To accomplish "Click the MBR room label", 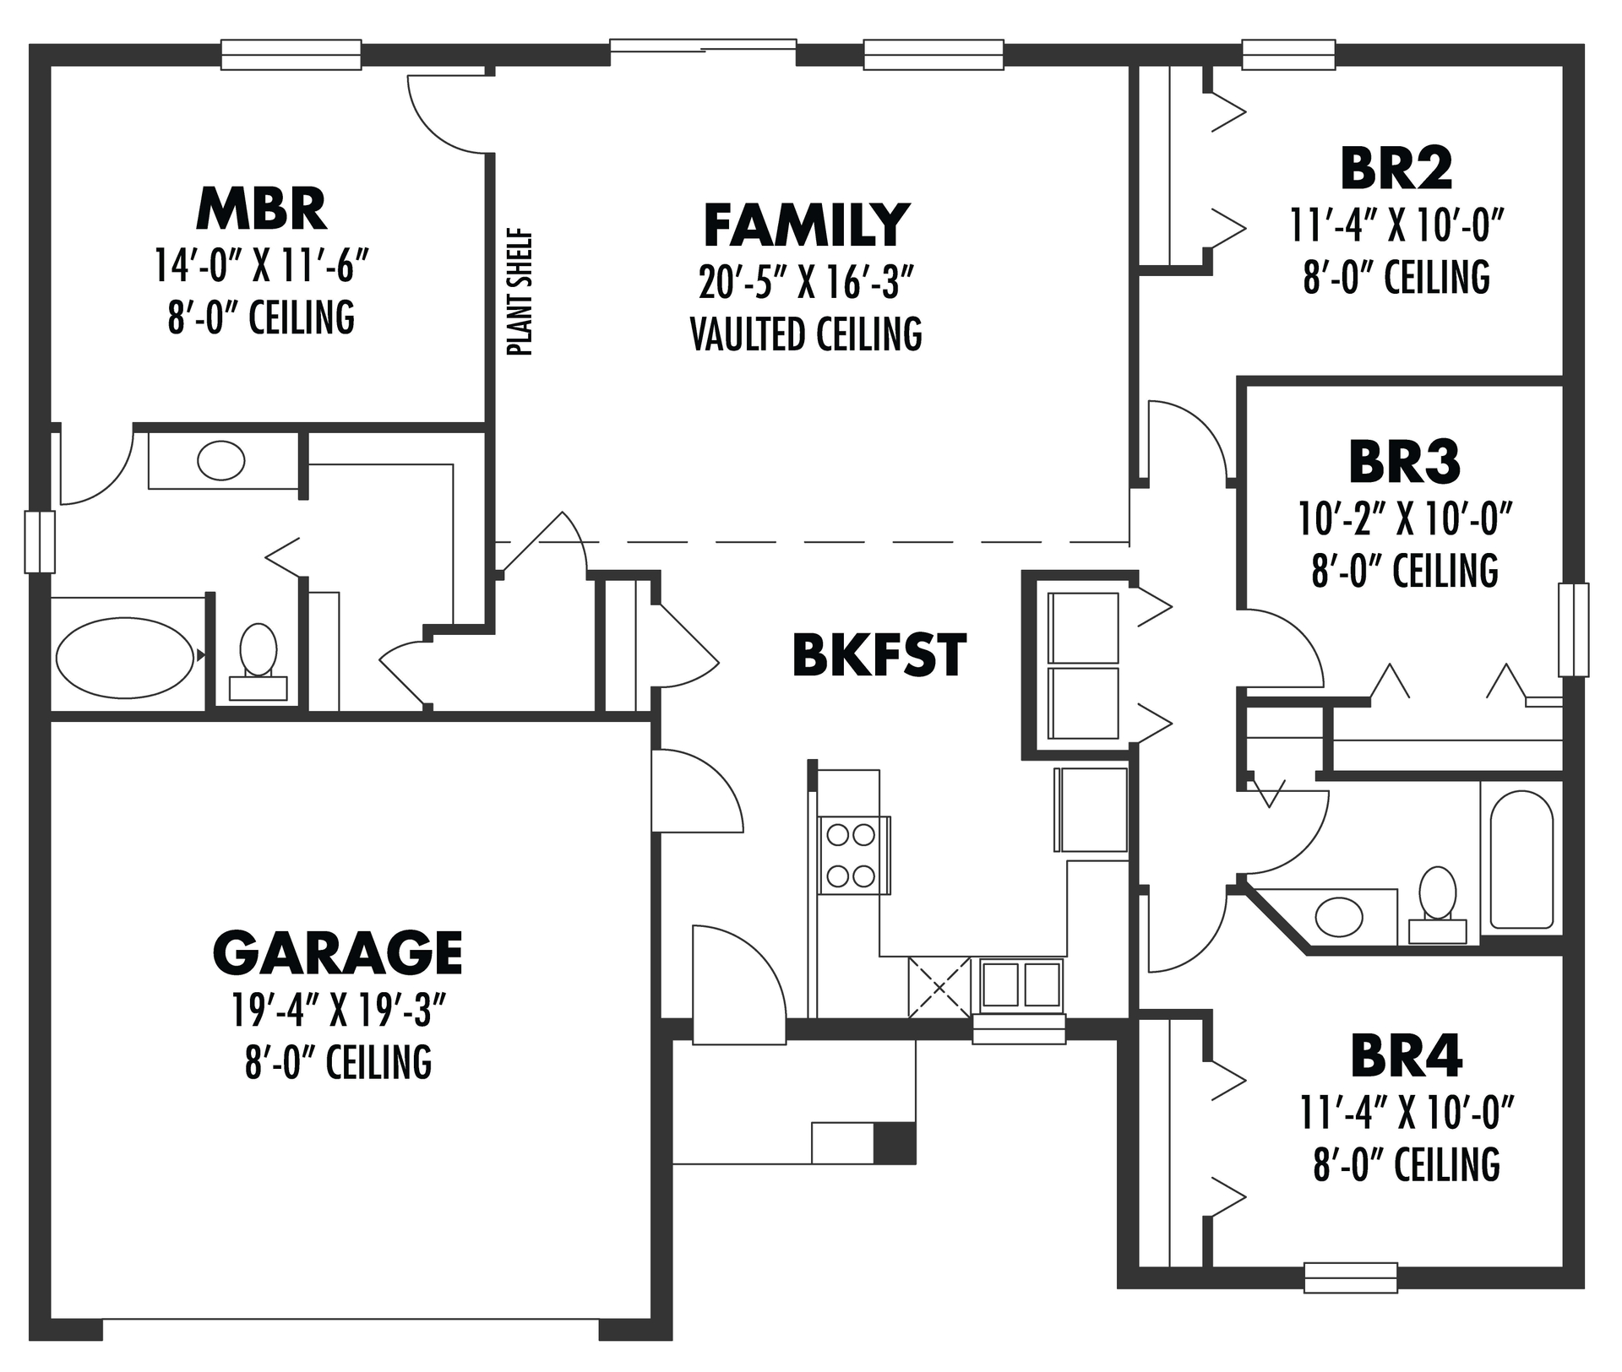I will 261,209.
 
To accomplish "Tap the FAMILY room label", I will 806,225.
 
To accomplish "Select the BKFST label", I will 879,655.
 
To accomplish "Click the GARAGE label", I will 337,952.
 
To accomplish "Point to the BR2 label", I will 1396,169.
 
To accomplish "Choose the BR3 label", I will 1404,463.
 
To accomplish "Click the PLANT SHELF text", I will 521,292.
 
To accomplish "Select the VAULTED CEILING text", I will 806,334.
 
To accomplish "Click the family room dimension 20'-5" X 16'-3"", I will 806,283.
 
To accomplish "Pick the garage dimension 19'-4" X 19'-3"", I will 338,1009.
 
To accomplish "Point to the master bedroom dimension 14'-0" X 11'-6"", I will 261,266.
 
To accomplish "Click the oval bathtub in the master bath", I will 124,658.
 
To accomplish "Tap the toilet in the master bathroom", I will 259,659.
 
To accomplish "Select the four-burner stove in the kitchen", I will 852,855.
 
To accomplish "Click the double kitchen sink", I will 1021,984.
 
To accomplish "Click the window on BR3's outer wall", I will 1573,629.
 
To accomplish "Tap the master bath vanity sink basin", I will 220,460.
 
